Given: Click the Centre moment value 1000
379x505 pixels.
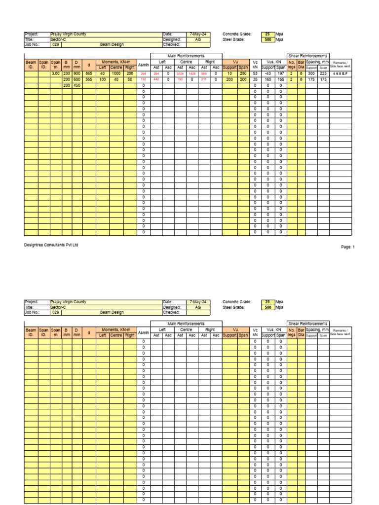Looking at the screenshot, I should (116, 73).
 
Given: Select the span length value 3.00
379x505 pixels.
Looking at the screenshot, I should (56, 73).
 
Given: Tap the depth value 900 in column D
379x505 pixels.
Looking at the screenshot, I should (77, 73).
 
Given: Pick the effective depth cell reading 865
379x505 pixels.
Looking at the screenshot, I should (89, 73).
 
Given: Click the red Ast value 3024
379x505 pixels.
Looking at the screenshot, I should (180, 73).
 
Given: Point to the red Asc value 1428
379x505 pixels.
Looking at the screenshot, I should (192, 73).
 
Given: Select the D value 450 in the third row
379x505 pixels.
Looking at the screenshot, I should (77, 85).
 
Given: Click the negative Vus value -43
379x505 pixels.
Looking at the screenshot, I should (268, 73).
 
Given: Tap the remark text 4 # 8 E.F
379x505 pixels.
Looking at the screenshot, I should (341, 73).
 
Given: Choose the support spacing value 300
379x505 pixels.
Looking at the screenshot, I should (311, 73).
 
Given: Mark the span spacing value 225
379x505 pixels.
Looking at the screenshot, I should (323, 73).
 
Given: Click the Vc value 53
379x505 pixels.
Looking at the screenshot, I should (255, 73).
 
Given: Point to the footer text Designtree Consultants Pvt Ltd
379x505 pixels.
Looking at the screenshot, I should (51, 245).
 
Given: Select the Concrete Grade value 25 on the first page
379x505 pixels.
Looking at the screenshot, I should (267, 34).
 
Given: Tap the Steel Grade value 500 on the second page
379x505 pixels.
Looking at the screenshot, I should (267, 307).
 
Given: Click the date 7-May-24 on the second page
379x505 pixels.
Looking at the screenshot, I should (198, 302).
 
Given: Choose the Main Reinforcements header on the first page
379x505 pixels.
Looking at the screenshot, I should (186, 56).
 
